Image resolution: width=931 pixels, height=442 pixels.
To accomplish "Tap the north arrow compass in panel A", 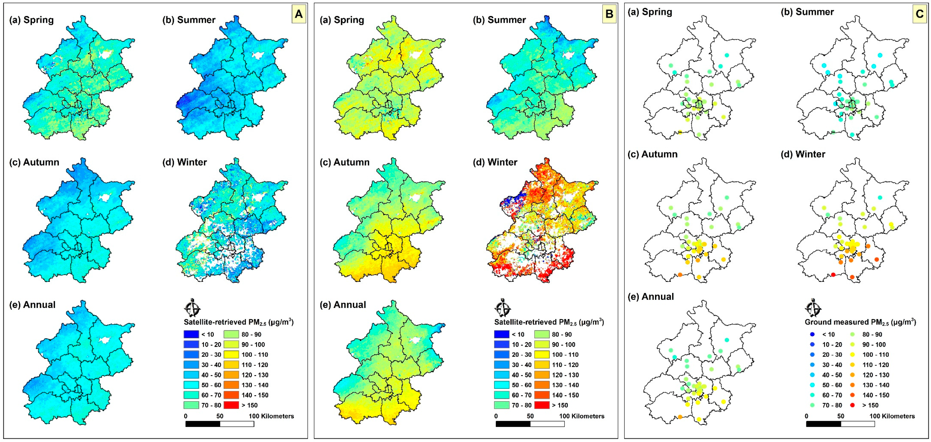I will tap(192, 308).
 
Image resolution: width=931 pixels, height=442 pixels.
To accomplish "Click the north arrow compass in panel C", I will tap(813, 308).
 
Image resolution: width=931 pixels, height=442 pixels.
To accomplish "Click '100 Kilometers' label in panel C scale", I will tap(892, 416).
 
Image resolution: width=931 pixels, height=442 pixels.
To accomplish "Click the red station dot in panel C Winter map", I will tap(833, 275).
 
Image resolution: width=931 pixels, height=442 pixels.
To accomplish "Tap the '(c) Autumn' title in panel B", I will tap(344, 162).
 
